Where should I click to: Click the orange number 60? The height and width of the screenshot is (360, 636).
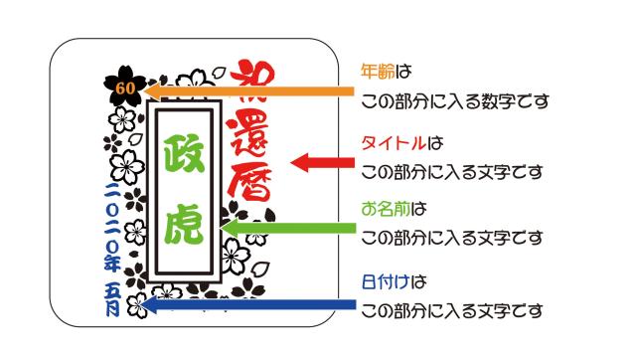point(124,89)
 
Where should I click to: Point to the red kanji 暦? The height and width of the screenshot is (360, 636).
point(253,190)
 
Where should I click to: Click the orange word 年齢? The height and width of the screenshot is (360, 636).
point(376,73)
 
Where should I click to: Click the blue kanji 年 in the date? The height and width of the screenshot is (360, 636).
point(111,264)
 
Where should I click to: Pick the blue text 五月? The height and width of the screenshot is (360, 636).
point(111,296)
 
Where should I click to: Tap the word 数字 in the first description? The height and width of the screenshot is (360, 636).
point(497,101)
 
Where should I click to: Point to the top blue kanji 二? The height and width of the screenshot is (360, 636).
point(111,187)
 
